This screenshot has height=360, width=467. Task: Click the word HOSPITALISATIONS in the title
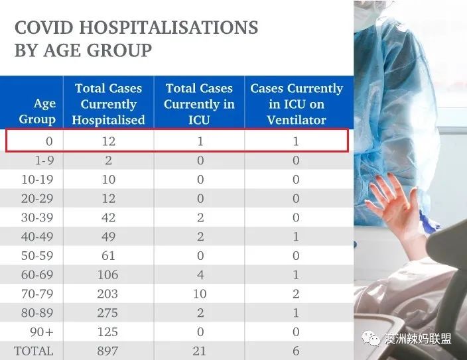point(168,27)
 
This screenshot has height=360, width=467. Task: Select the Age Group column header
point(37,111)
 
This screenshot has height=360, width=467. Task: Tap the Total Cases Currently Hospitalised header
point(108,104)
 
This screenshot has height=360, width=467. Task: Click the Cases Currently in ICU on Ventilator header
point(297,104)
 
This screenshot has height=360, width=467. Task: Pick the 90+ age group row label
point(42,331)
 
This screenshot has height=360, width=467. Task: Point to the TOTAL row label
point(34,351)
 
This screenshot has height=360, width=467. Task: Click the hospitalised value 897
point(107,351)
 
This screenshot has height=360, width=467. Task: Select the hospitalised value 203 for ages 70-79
point(107,294)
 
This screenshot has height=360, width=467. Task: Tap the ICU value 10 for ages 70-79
point(200,294)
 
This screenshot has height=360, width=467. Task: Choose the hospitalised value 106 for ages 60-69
point(108,274)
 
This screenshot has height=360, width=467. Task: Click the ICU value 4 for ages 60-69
point(200,274)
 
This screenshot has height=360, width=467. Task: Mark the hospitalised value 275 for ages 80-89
point(107,313)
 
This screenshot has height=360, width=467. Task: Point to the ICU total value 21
point(199,351)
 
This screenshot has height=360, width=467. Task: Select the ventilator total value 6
point(296,351)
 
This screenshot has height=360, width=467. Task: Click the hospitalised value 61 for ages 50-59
point(108,255)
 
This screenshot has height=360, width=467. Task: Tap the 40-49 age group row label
point(37,237)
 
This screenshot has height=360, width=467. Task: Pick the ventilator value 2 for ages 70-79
point(296,294)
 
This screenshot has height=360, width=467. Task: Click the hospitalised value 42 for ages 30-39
point(108,217)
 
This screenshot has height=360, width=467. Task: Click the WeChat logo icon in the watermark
point(371,338)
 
